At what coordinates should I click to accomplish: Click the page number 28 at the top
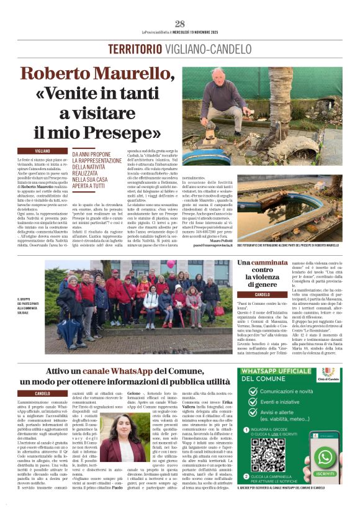(180, 24)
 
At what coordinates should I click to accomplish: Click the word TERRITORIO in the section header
(132, 49)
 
